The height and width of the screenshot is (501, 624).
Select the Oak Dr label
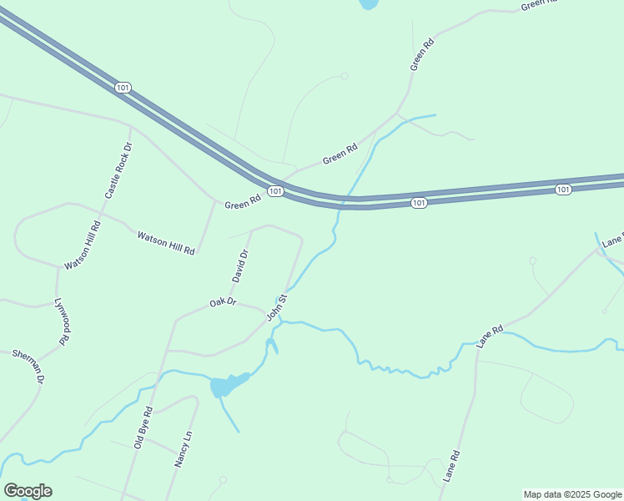click(x=223, y=301)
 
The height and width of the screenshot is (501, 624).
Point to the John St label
click(x=277, y=307)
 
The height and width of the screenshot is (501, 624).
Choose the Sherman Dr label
click(x=28, y=366)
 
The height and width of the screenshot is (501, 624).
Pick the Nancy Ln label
click(x=184, y=448)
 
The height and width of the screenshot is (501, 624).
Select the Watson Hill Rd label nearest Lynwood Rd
click(x=83, y=245)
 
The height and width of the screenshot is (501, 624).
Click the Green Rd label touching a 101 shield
click(x=244, y=204)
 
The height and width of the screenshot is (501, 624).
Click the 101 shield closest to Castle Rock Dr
click(x=123, y=87)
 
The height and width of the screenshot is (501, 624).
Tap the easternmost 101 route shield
click(x=563, y=190)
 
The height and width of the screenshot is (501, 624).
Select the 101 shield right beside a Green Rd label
click(x=275, y=192)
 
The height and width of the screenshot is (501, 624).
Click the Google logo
click(x=28, y=491)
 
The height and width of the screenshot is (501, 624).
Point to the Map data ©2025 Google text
click(x=572, y=494)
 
